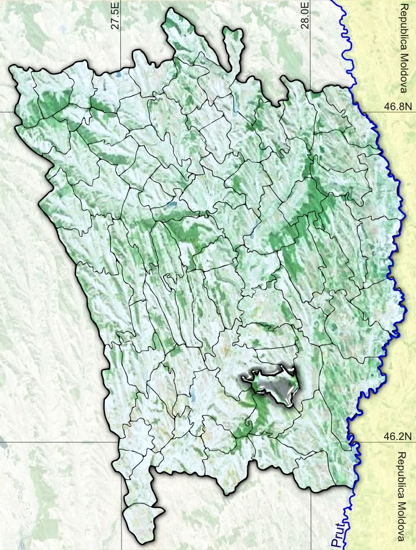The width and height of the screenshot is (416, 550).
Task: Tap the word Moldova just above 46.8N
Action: (x=404, y=75)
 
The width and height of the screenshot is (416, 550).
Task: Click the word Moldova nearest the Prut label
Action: (x=403, y=522)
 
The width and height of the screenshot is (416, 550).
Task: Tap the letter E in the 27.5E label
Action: (x=115, y=4)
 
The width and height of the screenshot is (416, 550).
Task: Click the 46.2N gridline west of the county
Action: (x=55, y=443)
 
